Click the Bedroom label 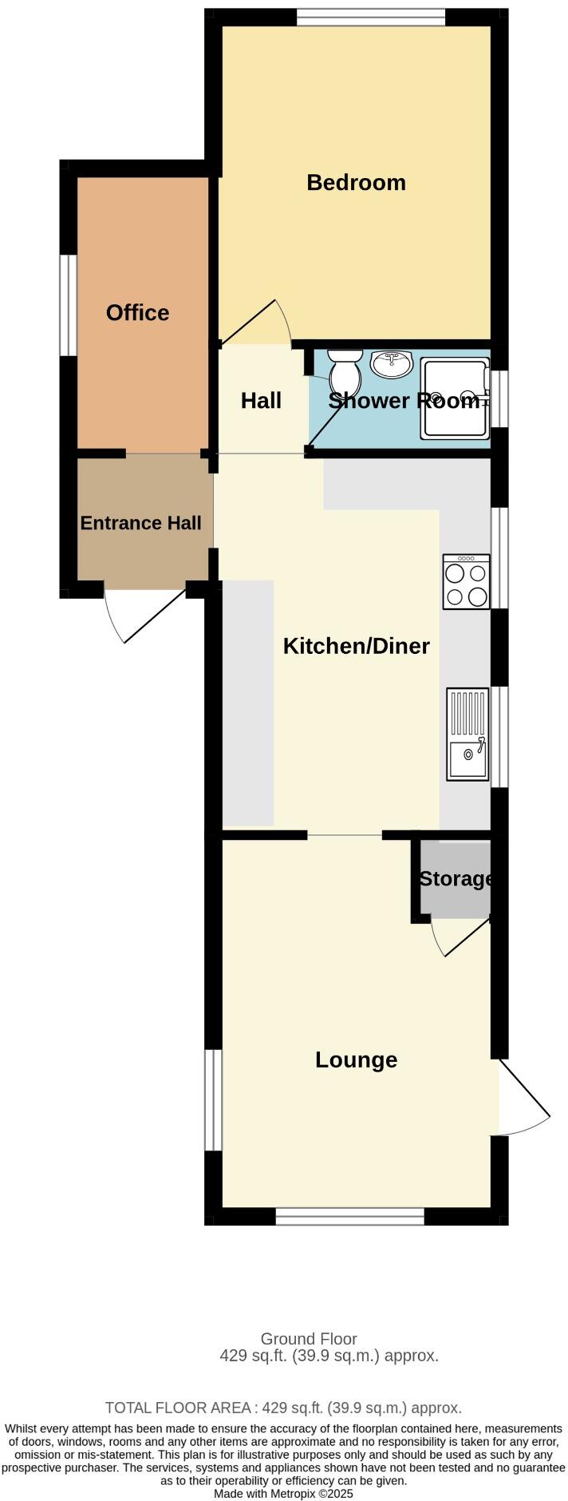tap(356, 182)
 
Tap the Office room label tap(137, 312)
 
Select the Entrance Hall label tap(140, 523)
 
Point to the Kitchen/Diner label tap(356, 646)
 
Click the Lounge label tap(356, 1059)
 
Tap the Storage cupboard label tap(455, 878)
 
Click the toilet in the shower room tap(345, 372)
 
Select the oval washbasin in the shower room tap(391, 364)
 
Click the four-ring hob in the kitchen tap(466, 582)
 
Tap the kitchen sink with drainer tap(467, 734)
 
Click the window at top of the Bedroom tap(370, 17)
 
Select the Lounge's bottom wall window tap(349, 1216)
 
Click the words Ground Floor tap(309, 1338)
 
